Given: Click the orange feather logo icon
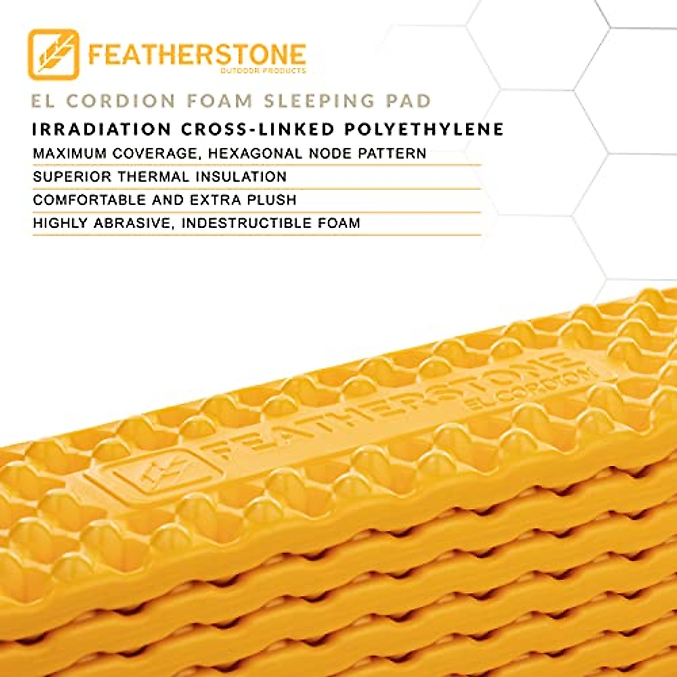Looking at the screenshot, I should tap(54, 54).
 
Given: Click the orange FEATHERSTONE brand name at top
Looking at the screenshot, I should tap(197, 54).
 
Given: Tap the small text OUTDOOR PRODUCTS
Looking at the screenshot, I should tap(263, 71).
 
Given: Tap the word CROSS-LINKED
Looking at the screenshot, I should tap(258, 129).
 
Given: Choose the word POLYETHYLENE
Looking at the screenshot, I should tap(425, 129).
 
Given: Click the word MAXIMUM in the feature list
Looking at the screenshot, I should tap(69, 153).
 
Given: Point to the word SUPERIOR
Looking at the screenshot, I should tap(72, 177).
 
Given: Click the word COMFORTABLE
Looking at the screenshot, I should tap(89, 200).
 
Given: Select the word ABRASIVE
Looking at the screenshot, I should tap(131, 223).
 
